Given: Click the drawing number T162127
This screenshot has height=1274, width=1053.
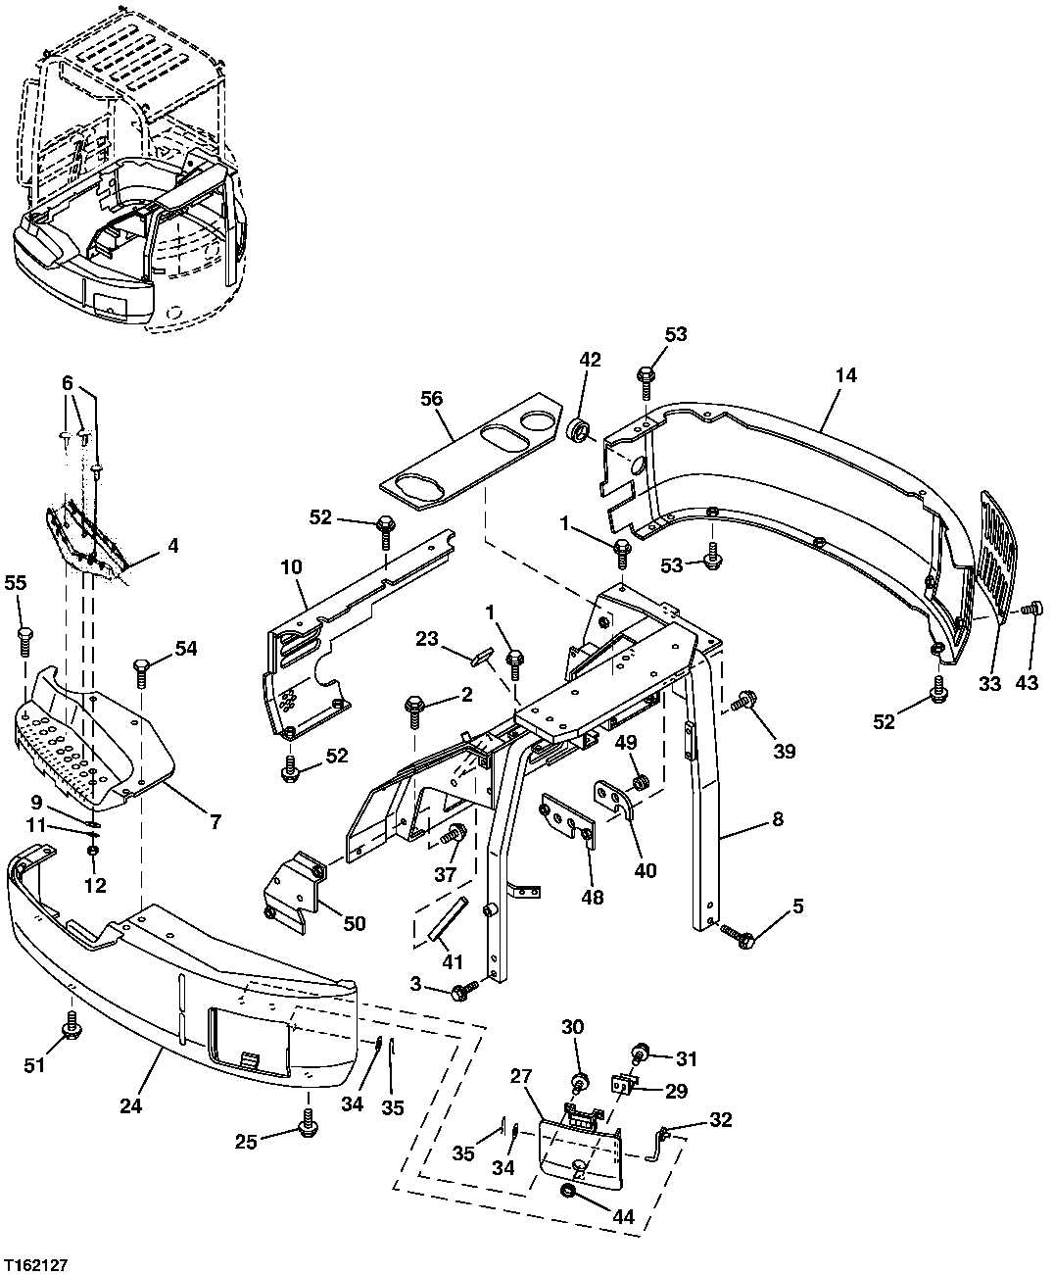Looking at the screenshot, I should [x=34, y=1265].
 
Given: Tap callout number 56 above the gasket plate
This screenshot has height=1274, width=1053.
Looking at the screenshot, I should [x=431, y=398].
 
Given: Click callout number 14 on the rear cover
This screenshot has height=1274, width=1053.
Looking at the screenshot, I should [x=846, y=374].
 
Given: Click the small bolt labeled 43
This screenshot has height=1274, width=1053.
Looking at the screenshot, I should [x=1029, y=610].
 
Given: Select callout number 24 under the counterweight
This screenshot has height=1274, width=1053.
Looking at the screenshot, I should [x=131, y=1105].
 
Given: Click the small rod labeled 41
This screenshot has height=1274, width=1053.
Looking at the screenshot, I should [x=440, y=917].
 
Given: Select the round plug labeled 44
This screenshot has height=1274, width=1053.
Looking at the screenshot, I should [x=567, y=1191].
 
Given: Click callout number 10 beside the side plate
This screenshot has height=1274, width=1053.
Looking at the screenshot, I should [x=291, y=566].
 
